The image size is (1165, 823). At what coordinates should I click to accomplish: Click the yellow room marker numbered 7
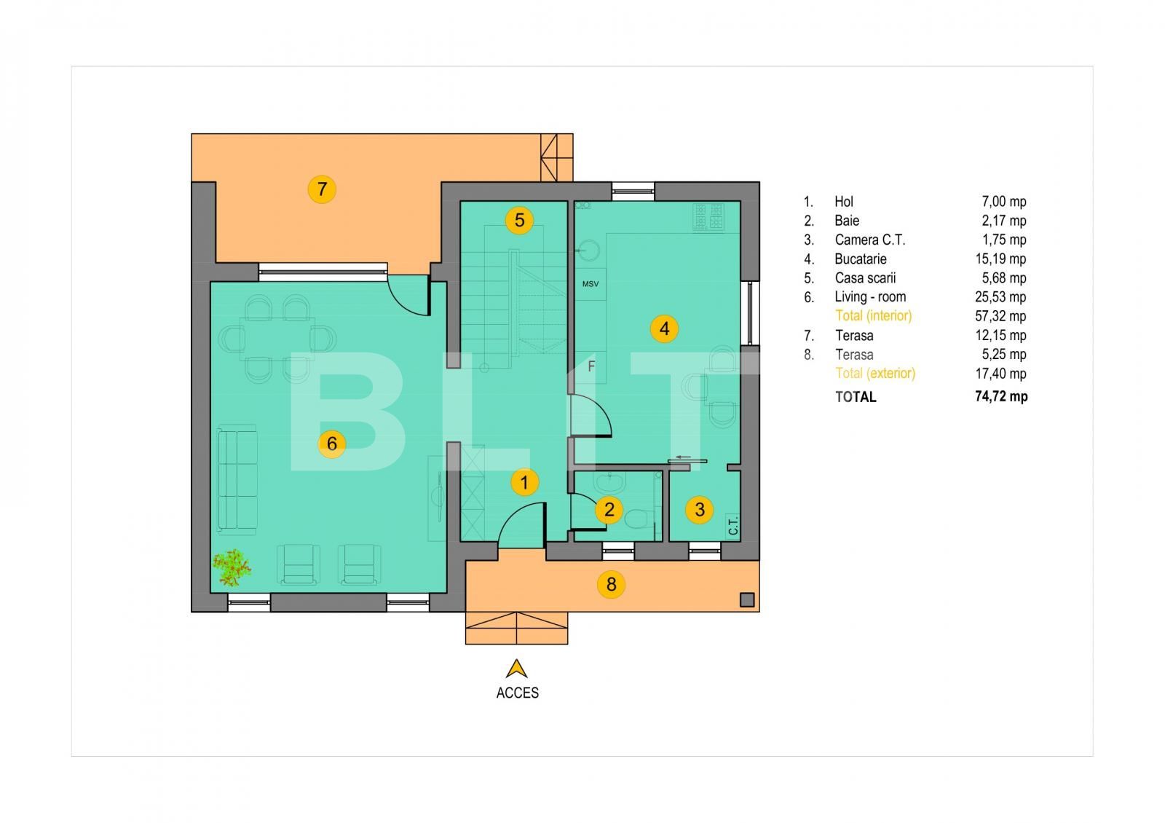pyautogui.click(x=322, y=189)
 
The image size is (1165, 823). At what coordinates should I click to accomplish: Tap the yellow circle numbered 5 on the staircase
pyautogui.click(x=519, y=220)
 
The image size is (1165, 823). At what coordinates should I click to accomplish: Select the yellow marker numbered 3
pyautogui.click(x=700, y=509)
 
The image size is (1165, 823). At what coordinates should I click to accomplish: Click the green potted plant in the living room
pyautogui.click(x=232, y=568)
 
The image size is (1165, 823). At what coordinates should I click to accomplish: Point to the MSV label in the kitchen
pyautogui.click(x=591, y=284)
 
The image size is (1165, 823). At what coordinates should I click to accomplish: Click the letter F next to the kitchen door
pyautogui.click(x=591, y=366)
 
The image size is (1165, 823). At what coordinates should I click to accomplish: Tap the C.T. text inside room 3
pyautogui.click(x=732, y=526)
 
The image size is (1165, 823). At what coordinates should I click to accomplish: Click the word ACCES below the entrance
pyautogui.click(x=517, y=693)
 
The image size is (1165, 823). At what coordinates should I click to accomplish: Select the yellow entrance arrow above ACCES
pyautogui.click(x=517, y=669)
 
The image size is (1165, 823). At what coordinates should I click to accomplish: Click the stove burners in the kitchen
pyautogui.click(x=708, y=216)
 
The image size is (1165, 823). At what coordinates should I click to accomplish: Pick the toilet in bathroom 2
pyautogui.click(x=638, y=519)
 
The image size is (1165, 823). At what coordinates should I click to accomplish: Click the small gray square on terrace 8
pyautogui.click(x=746, y=599)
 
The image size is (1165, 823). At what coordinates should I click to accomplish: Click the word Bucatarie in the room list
pyautogui.click(x=860, y=259)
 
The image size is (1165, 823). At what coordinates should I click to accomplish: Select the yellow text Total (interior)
pyautogui.click(x=873, y=315)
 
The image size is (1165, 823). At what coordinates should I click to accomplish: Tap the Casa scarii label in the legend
pyautogui.click(x=865, y=277)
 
